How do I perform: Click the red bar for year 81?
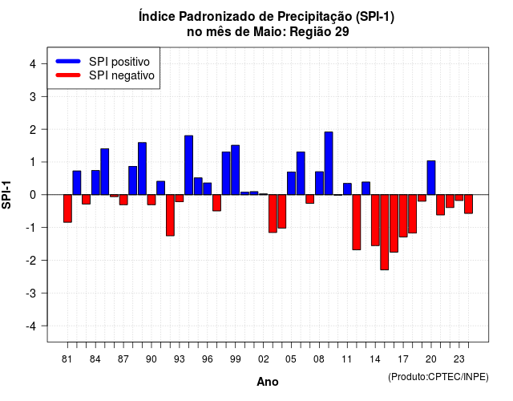pos(67,209)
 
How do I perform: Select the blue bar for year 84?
pos(95,182)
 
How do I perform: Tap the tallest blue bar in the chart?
pos(329,164)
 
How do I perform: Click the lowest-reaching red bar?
pos(385,232)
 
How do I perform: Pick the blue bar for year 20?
pos(431,178)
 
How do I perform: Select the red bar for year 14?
pos(375,220)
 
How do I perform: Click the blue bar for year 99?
pos(235,170)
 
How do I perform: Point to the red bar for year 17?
pos(403,216)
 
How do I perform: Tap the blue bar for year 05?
pos(291,184)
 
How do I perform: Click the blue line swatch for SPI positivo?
pos(68,61)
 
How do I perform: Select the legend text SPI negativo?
pos(122,75)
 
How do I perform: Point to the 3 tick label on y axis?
pos(33,96)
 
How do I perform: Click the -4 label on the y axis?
pos(30,326)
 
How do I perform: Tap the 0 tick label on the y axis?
pos(33,195)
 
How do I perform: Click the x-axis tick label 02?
pos(263,359)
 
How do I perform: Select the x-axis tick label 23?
pos(459,359)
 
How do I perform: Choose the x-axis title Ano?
pos(268,382)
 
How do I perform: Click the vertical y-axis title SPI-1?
pos(6,195)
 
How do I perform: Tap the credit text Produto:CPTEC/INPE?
pos(438,377)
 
